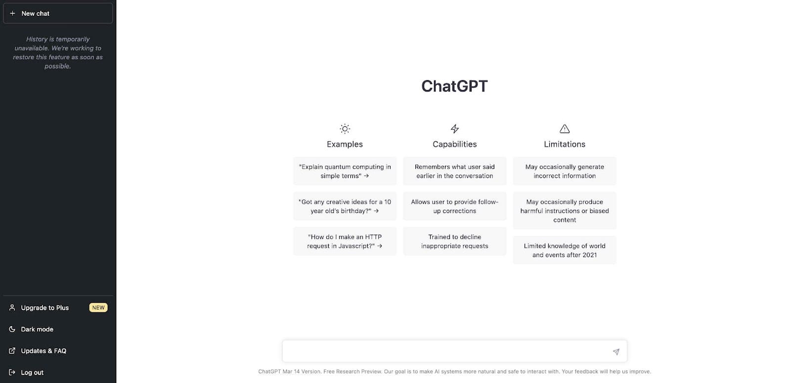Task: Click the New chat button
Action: tap(58, 13)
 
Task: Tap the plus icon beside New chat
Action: tap(12, 13)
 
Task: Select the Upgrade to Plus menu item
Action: tap(45, 308)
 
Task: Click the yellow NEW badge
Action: tap(98, 308)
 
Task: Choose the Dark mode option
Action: tap(37, 330)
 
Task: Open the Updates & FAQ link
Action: tap(44, 351)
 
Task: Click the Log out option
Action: tap(32, 373)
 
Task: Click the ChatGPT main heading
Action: tap(454, 86)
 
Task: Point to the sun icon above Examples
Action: tap(345, 129)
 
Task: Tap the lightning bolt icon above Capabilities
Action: tap(455, 129)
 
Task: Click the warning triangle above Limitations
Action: tap(565, 129)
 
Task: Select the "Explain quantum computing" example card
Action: tap(345, 171)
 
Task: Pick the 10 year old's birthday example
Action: tap(345, 206)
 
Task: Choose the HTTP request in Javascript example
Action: tap(345, 241)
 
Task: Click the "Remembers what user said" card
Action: tap(455, 171)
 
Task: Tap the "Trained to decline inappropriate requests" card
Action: tap(455, 241)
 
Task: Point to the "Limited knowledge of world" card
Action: tap(565, 250)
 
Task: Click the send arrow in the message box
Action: tap(616, 352)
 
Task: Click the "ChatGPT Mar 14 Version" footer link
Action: tap(289, 372)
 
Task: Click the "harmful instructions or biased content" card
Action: tap(565, 211)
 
